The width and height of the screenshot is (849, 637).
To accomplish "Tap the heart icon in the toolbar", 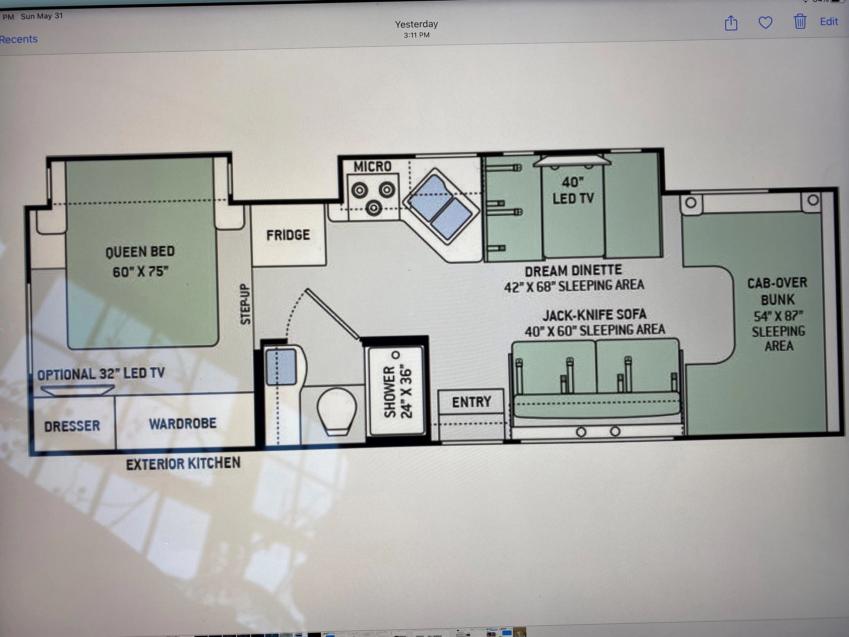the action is coord(765,22).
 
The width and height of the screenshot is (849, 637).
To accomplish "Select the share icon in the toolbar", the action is coord(731,22).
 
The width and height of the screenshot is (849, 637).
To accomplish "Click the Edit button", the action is coord(829,22).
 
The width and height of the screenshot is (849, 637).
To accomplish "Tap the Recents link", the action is coord(19,39).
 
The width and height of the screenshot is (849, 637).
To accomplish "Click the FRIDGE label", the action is coord(288,235).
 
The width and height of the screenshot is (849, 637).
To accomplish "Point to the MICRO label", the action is coord(372,167).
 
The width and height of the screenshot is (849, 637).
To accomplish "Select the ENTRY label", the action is coord(471,402).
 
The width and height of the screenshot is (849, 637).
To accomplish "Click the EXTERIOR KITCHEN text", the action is coord(183,464).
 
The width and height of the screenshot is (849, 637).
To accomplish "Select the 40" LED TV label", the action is coord(573,190).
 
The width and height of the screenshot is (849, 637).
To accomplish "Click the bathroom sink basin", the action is coord(281,366).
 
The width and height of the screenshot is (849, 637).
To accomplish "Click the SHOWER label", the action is coord(390,391).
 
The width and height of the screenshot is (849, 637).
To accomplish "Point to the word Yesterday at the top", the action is coord(417,24).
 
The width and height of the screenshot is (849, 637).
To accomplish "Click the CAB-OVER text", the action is coord(777,283).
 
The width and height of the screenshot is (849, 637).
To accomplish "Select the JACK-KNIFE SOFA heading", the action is coord(594,315).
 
